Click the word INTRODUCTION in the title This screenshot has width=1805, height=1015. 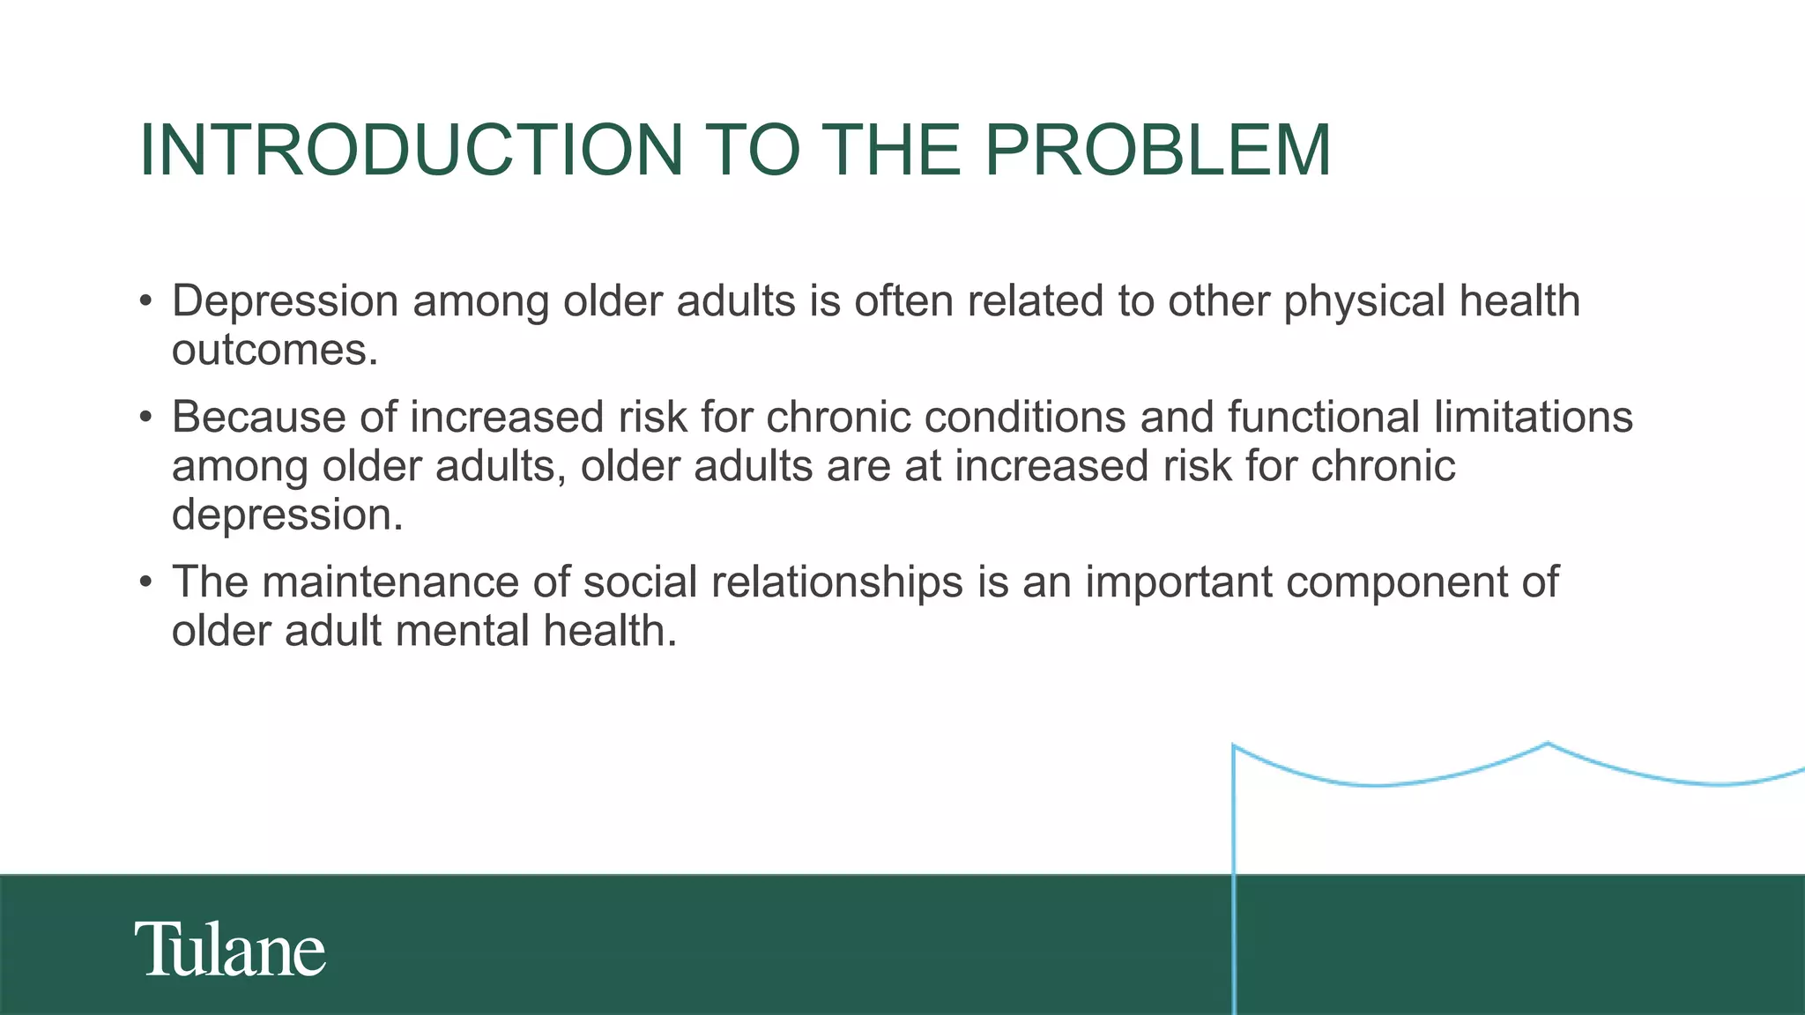(x=411, y=150)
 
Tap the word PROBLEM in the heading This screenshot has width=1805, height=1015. (x=1156, y=150)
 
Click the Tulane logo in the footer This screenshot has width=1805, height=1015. (x=230, y=950)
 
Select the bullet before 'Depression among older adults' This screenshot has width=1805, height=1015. (x=146, y=301)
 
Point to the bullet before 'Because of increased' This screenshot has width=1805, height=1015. (x=146, y=417)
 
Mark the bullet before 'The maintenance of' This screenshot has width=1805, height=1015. (x=146, y=582)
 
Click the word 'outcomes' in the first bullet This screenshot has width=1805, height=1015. (x=274, y=351)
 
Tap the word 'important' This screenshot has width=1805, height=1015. (x=1178, y=582)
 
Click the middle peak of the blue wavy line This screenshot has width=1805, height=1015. (x=1548, y=744)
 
